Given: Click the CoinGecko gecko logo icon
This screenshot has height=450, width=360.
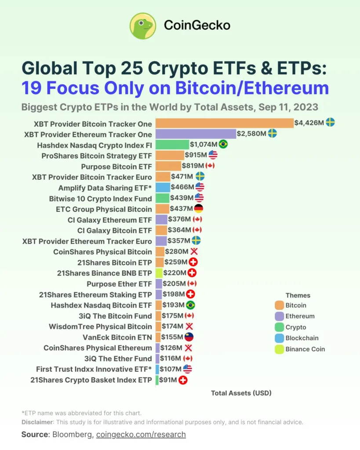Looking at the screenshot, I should pyautogui.click(x=143, y=26).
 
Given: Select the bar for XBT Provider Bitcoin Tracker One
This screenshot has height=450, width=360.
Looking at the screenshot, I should pyautogui.click(x=224, y=123).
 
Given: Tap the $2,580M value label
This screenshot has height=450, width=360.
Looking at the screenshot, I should pyautogui.click(x=251, y=134).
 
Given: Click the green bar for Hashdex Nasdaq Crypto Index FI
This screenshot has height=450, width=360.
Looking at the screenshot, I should pyautogui.click(x=172, y=145).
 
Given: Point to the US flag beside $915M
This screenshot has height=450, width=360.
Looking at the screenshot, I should pyautogui.click(x=213, y=155).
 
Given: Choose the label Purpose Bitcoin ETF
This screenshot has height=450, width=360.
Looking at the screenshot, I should pyautogui.click(x=116, y=166).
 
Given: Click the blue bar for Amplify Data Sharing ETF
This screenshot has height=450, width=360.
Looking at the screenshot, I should pyautogui.click(x=162, y=188).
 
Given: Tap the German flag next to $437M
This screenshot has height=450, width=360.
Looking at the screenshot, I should pyautogui.click(x=199, y=209).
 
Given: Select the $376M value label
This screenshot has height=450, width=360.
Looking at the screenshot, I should pyautogui.click(x=179, y=219).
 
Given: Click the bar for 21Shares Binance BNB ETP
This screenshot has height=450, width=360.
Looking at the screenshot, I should pyautogui.click(x=159, y=273).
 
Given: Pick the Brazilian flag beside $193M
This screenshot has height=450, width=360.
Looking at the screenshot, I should pyautogui.click(x=191, y=305).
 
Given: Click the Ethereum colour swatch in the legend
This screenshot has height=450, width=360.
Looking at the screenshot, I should pyautogui.click(x=279, y=316).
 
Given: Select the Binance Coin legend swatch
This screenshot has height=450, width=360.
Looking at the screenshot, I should pyautogui.click(x=279, y=349).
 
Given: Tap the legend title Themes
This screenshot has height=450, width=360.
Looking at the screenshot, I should pyautogui.click(x=298, y=295).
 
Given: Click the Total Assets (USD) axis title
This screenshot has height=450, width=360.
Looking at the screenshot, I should pyautogui.click(x=241, y=393).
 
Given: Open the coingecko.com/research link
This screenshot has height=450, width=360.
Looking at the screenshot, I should pyautogui.click(x=141, y=435).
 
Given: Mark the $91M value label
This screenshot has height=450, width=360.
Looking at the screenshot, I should pyautogui.click(x=167, y=380).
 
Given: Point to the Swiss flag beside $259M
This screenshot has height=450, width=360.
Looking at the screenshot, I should pyautogui.click(x=193, y=262).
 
